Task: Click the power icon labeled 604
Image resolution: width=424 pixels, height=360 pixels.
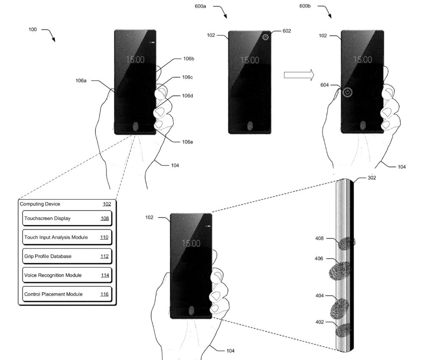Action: pos(348,92)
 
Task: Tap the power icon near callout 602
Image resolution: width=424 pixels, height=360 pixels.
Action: pos(265,37)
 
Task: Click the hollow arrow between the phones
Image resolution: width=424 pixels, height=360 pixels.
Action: pos(298,75)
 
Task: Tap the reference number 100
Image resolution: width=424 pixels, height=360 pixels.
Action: pos(33,30)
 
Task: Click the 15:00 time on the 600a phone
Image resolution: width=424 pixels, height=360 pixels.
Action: pos(250,60)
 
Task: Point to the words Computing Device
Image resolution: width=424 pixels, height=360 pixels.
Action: pos(40,204)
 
